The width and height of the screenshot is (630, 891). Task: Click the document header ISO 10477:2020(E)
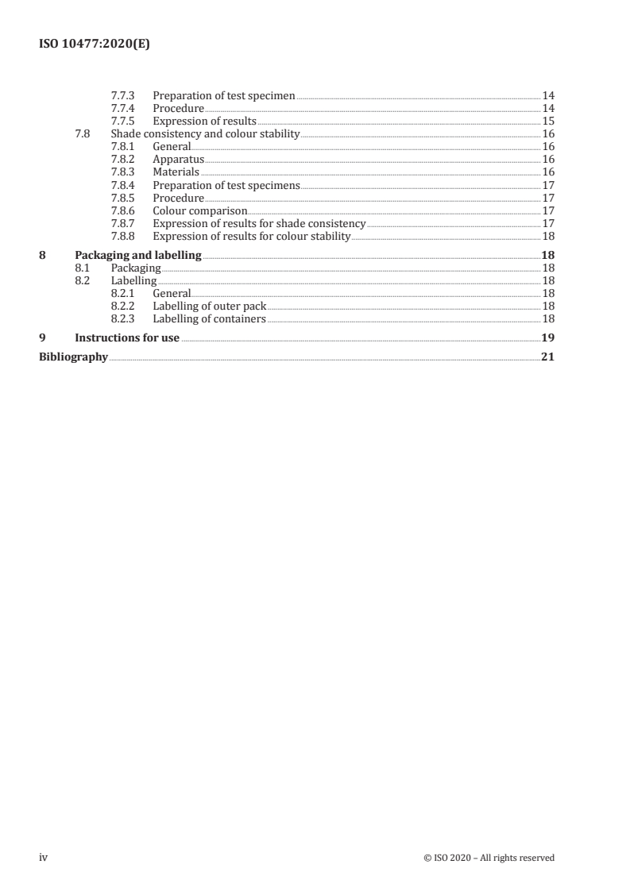click(x=95, y=44)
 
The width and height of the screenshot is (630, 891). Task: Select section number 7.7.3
click(x=123, y=96)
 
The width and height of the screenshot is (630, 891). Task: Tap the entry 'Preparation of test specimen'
click(x=223, y=96)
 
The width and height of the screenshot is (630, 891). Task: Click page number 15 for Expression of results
click(x=547, y=121)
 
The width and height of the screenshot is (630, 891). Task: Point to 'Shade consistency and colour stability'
click(x=205, y=134)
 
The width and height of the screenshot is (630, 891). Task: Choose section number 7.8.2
click(x=123, y=160)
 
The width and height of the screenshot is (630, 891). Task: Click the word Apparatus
click(x=178, y=160)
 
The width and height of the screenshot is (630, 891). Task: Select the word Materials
click(x=176, y=172)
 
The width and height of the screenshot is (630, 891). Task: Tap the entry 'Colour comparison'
click(x=199, y=211)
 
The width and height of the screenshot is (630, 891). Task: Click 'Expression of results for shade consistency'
click(x=259, y=224)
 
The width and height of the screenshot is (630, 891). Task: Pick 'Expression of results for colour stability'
click(x=251, y=237)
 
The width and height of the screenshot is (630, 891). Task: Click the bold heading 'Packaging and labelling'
click(x=137, y=256)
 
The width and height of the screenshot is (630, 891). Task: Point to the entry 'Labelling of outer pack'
click(x=209, y=307)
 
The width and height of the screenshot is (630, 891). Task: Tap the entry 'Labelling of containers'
click(x=209, y=319)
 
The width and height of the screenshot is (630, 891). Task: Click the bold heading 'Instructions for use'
click(x=126, y=338)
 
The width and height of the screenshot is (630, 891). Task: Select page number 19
click(x=547, y=338)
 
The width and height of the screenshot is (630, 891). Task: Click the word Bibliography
click(x=73, y=357)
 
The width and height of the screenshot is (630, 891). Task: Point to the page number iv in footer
click(x=44, y=858)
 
